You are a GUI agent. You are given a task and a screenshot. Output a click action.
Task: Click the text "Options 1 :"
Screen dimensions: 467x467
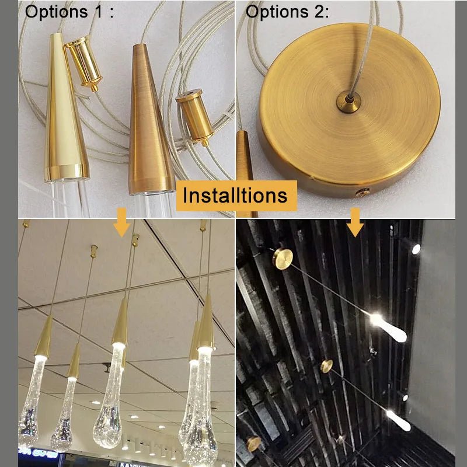coord(69,12)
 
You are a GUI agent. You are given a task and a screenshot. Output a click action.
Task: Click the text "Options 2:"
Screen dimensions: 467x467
coord(287,12)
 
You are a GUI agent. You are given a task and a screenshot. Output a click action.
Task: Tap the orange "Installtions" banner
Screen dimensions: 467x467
coord(235,195)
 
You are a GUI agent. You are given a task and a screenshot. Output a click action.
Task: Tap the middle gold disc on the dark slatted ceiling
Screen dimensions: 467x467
coord(327,367)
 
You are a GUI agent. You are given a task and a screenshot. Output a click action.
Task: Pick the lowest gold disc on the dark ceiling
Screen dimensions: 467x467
coord(253,444)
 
